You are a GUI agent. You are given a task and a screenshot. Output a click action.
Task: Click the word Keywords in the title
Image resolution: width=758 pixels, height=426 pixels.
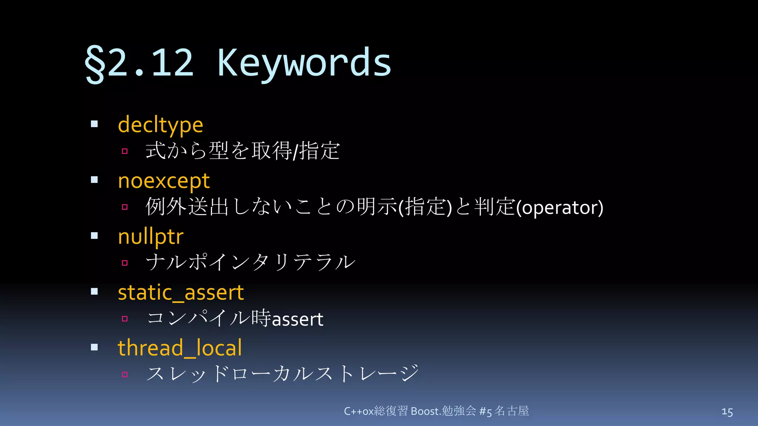click(x=304, y=63)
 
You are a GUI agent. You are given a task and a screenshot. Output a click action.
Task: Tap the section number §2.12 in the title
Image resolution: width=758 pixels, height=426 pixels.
click(x=139, y=63)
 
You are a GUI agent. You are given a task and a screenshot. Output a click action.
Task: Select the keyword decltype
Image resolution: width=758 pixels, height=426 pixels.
click(x=160, y=125)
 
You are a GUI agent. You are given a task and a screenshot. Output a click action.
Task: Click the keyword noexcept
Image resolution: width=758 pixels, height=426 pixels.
click(x=164, y=181)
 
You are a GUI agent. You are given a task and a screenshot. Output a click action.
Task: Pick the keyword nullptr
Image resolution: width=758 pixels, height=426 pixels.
click(x=151, y=237)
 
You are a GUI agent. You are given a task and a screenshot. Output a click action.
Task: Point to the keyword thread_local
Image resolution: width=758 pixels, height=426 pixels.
click(x=180, y=348)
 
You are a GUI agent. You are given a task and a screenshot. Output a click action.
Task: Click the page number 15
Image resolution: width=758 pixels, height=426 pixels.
click(x=727, y=412)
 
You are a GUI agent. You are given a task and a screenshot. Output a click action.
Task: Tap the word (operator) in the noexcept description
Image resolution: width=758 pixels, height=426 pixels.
click(x=560, y=207)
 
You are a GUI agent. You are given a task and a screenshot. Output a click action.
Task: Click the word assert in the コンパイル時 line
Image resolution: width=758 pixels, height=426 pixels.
click(x=298, y=319)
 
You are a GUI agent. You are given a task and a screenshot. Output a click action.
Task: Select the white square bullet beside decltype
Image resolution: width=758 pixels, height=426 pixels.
click(x=94, y=124)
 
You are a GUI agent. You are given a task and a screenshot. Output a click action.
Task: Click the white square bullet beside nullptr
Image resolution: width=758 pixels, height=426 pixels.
click(x=94, y=236)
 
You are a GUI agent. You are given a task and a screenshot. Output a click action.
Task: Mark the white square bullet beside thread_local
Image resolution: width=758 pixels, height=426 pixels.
click(x=94, y=347)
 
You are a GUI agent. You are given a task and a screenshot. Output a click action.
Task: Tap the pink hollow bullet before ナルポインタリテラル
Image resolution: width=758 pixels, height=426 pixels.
click(x=125, y=263)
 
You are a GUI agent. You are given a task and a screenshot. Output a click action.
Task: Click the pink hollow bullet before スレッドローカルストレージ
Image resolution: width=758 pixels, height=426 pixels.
click(x=125, y=375)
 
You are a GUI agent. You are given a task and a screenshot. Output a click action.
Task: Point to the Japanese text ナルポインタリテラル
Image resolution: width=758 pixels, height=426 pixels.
click(x=251, y=262)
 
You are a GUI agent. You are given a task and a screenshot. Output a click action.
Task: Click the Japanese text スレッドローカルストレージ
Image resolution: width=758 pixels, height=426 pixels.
click(x=283, y=373)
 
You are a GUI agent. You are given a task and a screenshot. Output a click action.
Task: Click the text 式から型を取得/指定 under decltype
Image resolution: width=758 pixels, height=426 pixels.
click(x=243, y=151)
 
